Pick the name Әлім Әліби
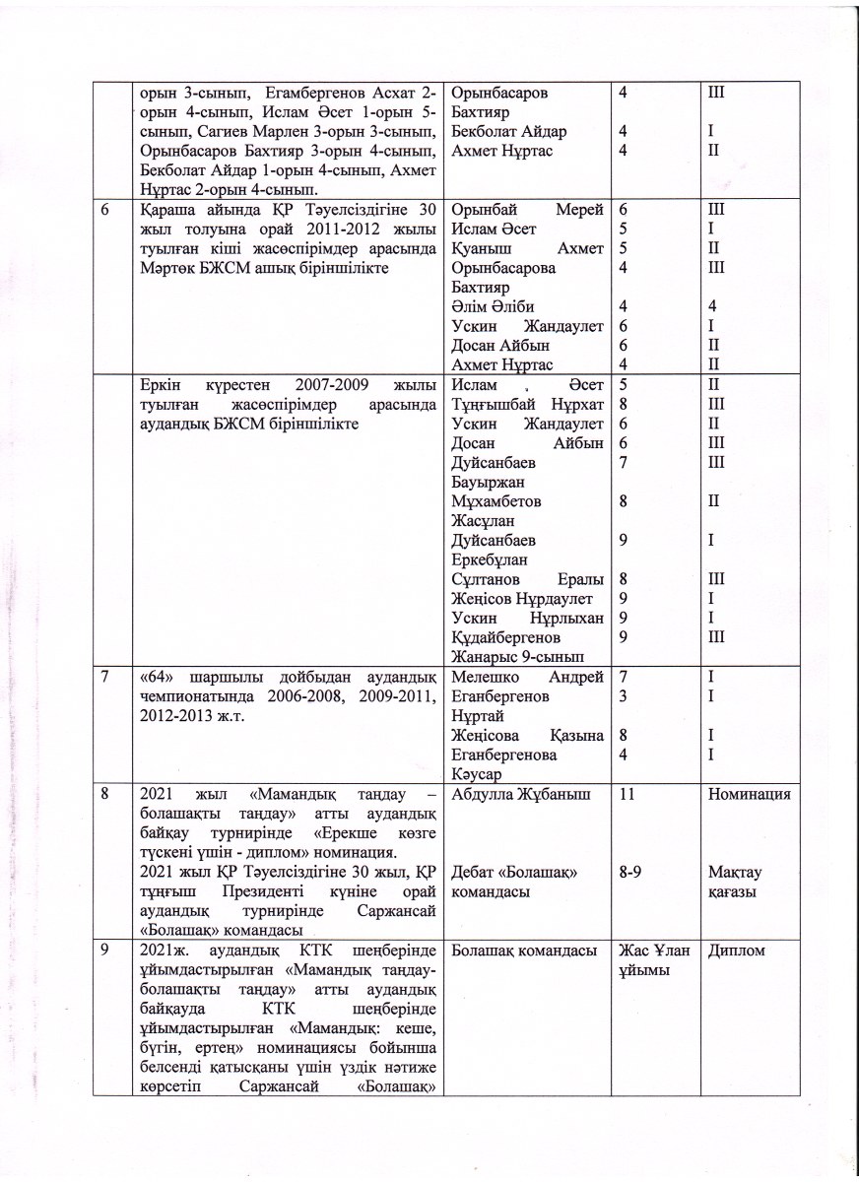[494, 306]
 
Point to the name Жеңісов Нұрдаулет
[521, 597]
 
